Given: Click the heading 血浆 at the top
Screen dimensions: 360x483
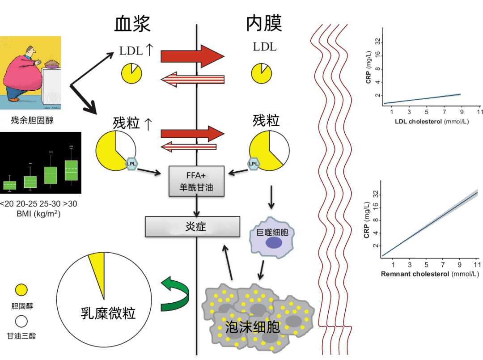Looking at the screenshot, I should (x=132, y=23).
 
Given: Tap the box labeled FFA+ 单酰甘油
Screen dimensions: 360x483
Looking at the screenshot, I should (x=196, y=181).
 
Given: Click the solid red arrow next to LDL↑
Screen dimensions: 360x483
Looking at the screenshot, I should (x=192, y=56).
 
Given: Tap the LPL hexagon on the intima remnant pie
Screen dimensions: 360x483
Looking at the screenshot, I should (x=254, y=164).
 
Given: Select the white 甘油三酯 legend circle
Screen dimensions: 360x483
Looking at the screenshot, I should (x=21, y=321).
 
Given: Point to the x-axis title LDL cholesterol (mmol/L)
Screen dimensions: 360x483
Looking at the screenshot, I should (x=432, y=122).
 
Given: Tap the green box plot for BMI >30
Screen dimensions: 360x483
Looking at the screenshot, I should (x=71, y=170).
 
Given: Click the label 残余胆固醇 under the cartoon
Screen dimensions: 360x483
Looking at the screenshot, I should (x=32, y=120).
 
